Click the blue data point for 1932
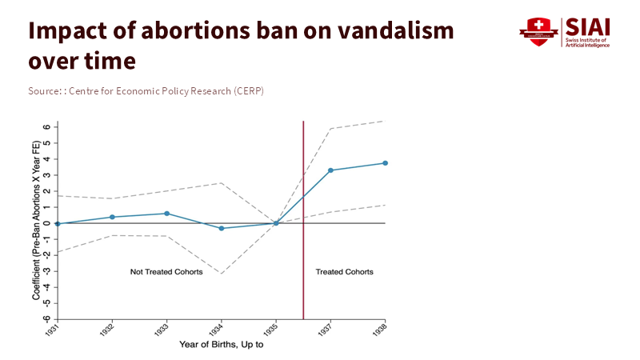click(x=112, y=217)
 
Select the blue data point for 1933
click(x=166, y=214)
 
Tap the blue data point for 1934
click(x=222, y=229)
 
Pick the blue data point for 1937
click(x=330, y=170)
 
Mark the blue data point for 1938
click(x=385, y=163)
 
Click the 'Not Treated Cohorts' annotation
click(x=166, y=272)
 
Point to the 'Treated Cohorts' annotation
click(x=344, y=272)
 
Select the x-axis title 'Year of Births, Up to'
click(x=222, y=345)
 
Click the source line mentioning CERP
click(x=146, y=91)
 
